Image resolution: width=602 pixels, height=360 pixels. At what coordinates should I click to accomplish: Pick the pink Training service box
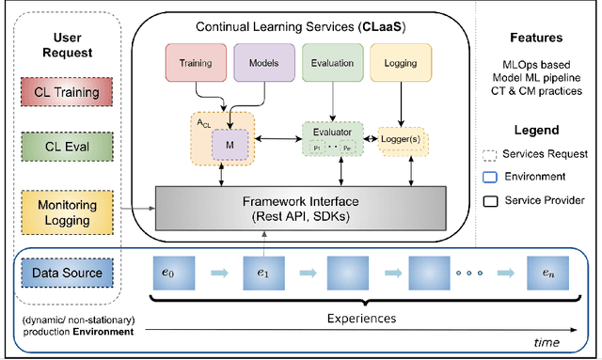point(195,64)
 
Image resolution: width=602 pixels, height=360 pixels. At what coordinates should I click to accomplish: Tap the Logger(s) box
point(404,138)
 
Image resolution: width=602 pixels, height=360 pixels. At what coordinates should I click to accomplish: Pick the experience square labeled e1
point(264,274)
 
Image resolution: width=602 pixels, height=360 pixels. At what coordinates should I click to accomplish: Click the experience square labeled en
point(548,274)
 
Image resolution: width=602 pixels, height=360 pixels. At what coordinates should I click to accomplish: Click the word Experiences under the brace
point(361,319)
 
